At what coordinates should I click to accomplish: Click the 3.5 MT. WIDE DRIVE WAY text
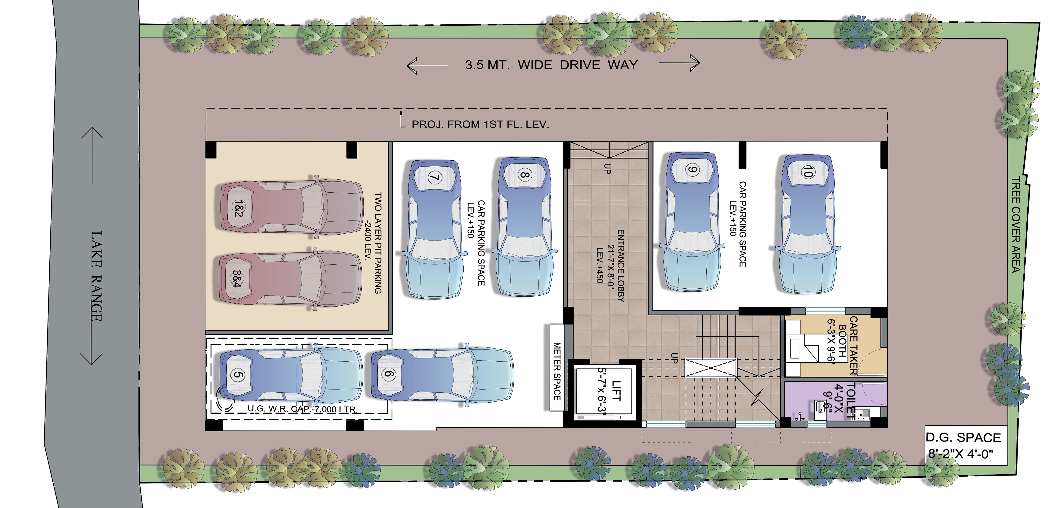[x=551, y=65]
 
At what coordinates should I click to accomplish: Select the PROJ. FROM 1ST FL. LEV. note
[x=480, y=124]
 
